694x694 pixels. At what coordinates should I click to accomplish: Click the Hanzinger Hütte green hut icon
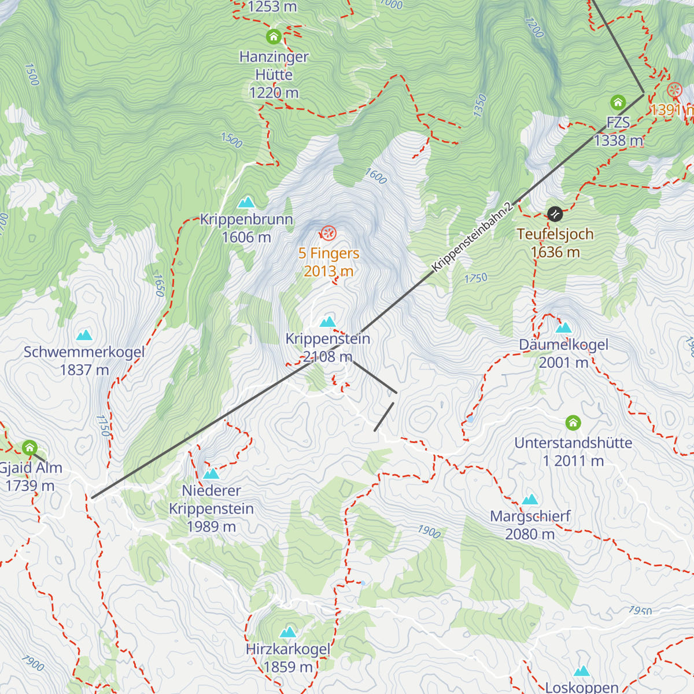point(274,37)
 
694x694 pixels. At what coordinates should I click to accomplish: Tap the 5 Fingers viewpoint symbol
point(328,233)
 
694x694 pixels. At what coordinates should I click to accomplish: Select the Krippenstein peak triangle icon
point(328,322)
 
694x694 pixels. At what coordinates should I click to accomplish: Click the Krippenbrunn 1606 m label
point(246,228)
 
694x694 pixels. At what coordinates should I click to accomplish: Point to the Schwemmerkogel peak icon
point(84,335)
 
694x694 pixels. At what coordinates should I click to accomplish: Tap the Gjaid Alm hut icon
point(29,448)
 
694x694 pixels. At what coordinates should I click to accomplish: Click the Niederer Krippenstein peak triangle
point(211,474)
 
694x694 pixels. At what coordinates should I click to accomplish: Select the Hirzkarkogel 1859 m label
point(288,658)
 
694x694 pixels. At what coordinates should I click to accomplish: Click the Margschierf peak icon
point(530,500)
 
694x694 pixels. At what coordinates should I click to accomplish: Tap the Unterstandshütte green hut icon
point(573,423)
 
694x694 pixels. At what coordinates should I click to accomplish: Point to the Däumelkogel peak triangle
point(563,328)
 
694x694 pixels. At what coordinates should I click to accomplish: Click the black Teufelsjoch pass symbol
point(555,214)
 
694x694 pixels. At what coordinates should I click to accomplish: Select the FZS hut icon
point(618,104)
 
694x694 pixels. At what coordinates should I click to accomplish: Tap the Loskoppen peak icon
point(581,671)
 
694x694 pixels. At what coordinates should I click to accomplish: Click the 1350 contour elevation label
point(480,106)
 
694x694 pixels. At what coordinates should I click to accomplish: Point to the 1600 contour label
point(375,176)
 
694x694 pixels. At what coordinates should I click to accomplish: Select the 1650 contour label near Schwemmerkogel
point(158,285)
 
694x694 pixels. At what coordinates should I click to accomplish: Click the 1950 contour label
point(640,611)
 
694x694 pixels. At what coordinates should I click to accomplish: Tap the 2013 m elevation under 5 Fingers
point(328,271)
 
